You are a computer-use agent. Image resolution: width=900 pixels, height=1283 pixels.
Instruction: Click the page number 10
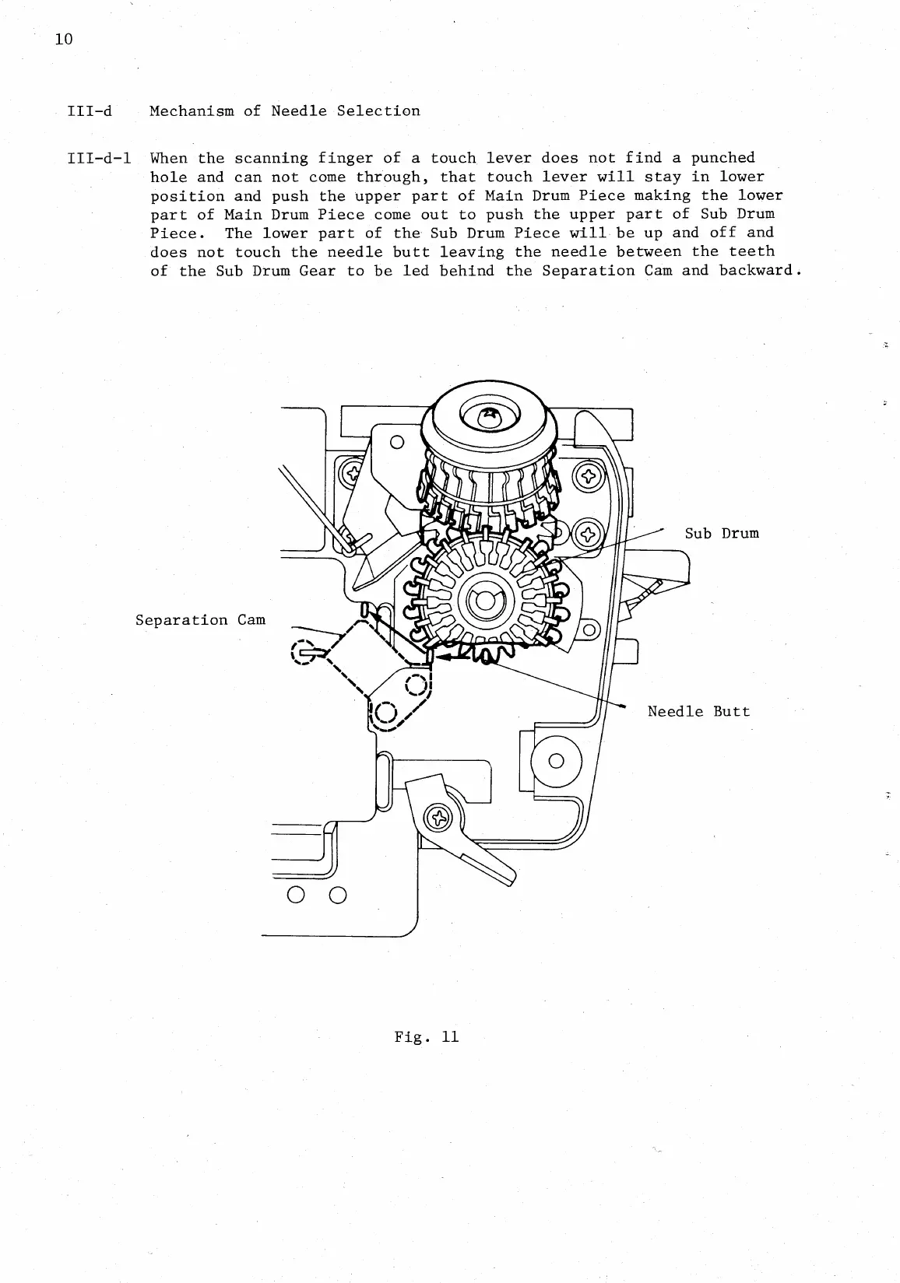pos(64,40)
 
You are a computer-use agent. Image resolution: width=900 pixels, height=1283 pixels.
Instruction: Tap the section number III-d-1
pos(98,158)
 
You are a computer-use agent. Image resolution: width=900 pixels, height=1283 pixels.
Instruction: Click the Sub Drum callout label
pos(721,533)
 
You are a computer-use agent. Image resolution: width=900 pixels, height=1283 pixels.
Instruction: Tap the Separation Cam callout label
pos(200,620)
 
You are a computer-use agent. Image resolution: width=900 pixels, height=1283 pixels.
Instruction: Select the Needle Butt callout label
pos(698,711)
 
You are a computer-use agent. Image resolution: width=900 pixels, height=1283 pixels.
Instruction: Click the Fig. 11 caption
pos(426,1036)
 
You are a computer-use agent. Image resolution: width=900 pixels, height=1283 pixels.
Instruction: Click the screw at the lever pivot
pos(439,818)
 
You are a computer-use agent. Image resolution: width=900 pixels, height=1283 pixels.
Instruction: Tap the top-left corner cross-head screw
pos(350,471)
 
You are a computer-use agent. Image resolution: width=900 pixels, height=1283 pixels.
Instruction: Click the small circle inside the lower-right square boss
pos(556,760)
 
